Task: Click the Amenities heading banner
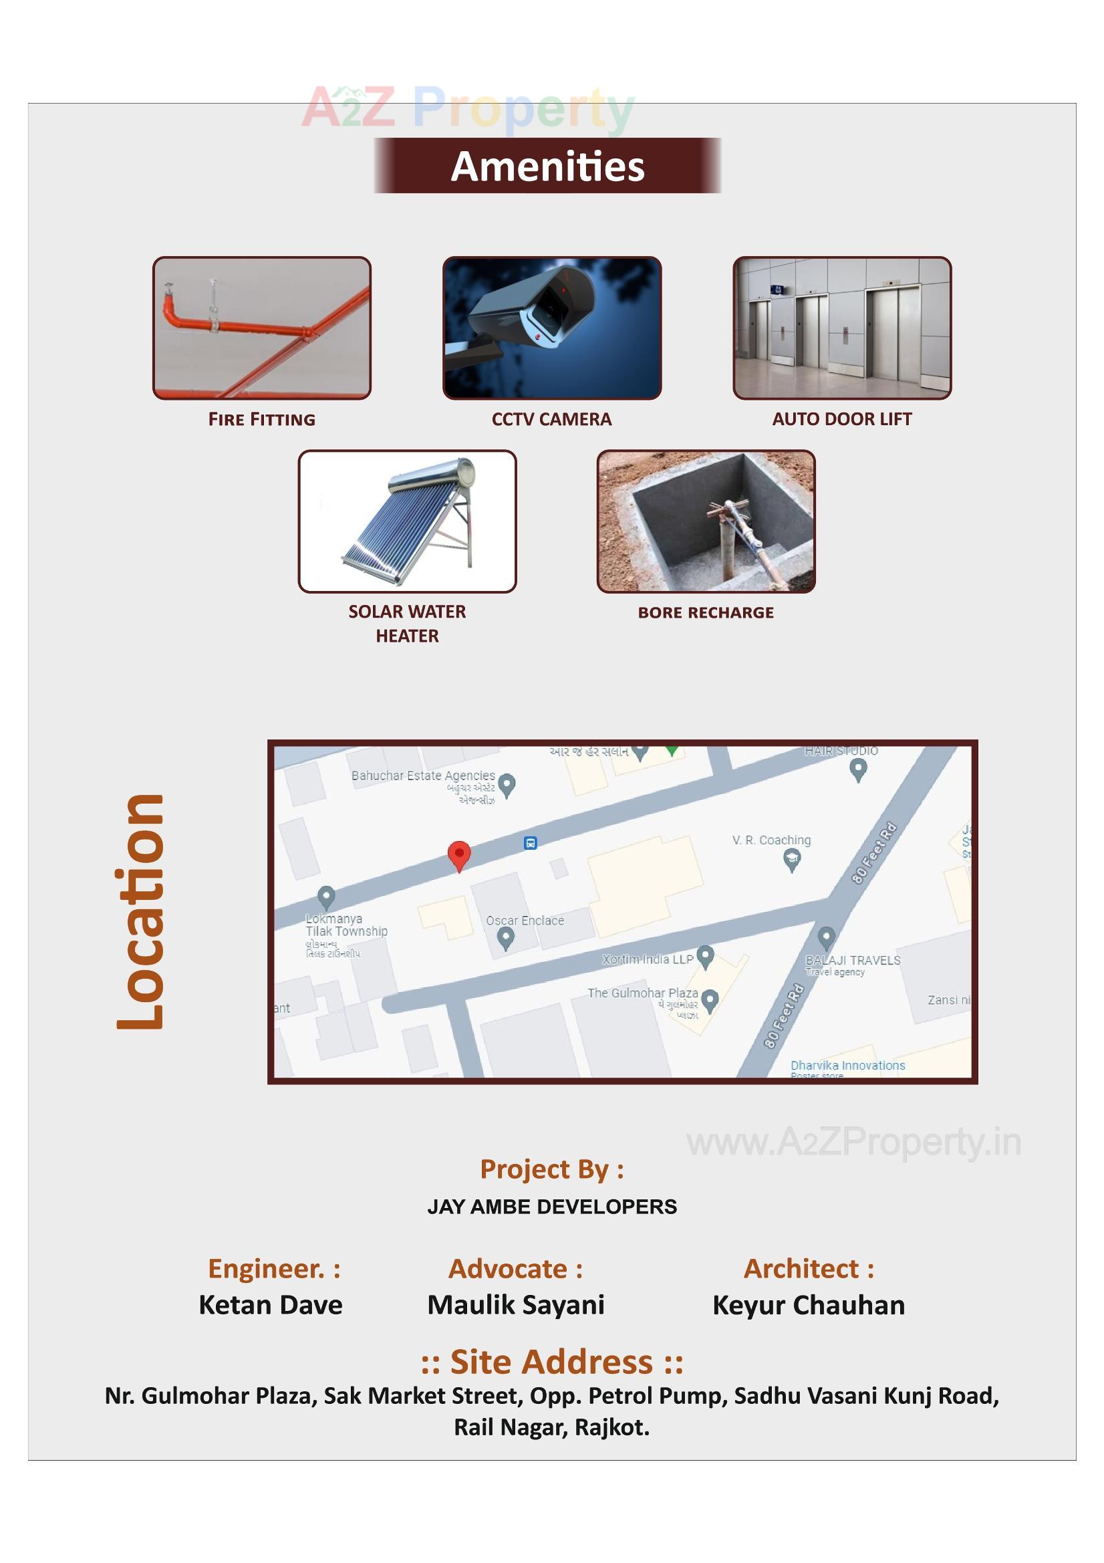tap(547, 166)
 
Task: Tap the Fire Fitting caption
tap(261, 419)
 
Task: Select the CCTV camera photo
tap(551, 328)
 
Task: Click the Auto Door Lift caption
tap(841, 419)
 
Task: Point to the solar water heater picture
tap(407, 521)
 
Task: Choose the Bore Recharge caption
tap(705, 612)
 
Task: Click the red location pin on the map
tap(458, 854)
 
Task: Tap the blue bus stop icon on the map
tap(530, 843)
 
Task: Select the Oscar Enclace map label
tap(525, 921)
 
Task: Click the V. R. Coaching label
tap(771, 840)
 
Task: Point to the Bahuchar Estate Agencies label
tap(422, 775)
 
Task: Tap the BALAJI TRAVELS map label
tap(852, 960)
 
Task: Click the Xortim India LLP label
tap(648, 959)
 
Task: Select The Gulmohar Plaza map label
tap(642, 993)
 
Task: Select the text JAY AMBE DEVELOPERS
tap(551, 1207)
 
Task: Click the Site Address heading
tap(551, 1362)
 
